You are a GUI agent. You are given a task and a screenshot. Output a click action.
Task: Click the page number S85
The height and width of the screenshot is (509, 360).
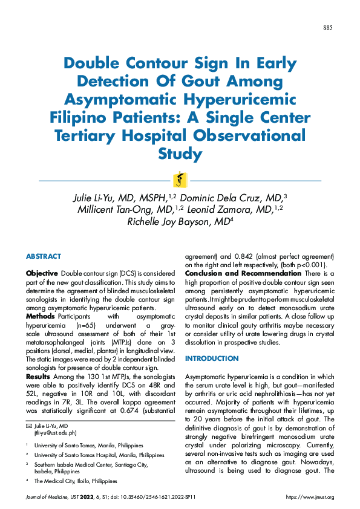[327, 28]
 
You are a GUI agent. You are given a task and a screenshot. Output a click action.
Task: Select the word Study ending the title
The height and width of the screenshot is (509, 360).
[180, 153]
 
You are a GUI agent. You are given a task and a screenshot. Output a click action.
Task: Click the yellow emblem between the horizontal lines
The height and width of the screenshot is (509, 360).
[180, 180]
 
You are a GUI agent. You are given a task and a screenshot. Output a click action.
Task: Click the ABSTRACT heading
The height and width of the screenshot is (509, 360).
[44, 256]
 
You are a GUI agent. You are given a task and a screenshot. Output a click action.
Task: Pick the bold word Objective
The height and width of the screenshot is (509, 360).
[42, 274]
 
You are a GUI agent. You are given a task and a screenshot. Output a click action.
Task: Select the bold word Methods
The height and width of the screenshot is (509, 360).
[41, 316]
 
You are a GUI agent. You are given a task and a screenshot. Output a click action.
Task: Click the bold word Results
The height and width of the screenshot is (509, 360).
[38, 376]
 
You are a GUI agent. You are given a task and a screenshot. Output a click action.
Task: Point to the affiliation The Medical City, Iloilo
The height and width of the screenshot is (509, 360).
[76, 481]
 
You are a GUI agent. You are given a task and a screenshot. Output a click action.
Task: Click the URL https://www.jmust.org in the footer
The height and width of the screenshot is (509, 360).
[309, 497]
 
